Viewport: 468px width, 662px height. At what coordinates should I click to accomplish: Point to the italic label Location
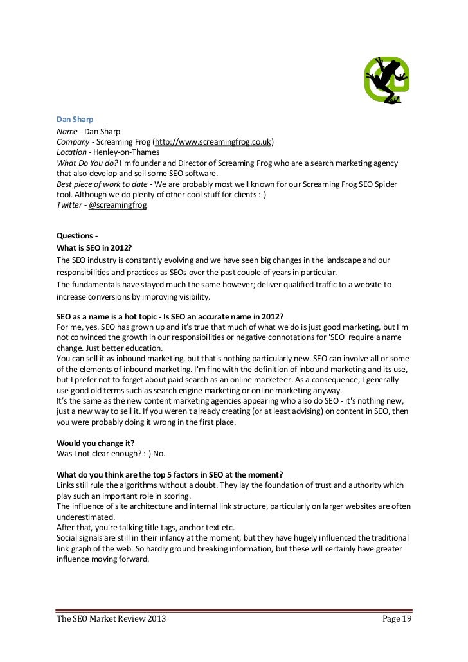coord(71,152)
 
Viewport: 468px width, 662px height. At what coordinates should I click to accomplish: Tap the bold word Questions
coord(75,237)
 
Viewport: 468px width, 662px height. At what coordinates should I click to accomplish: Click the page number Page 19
coord(397,620)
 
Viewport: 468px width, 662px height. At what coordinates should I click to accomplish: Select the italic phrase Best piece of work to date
coord(99,184)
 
